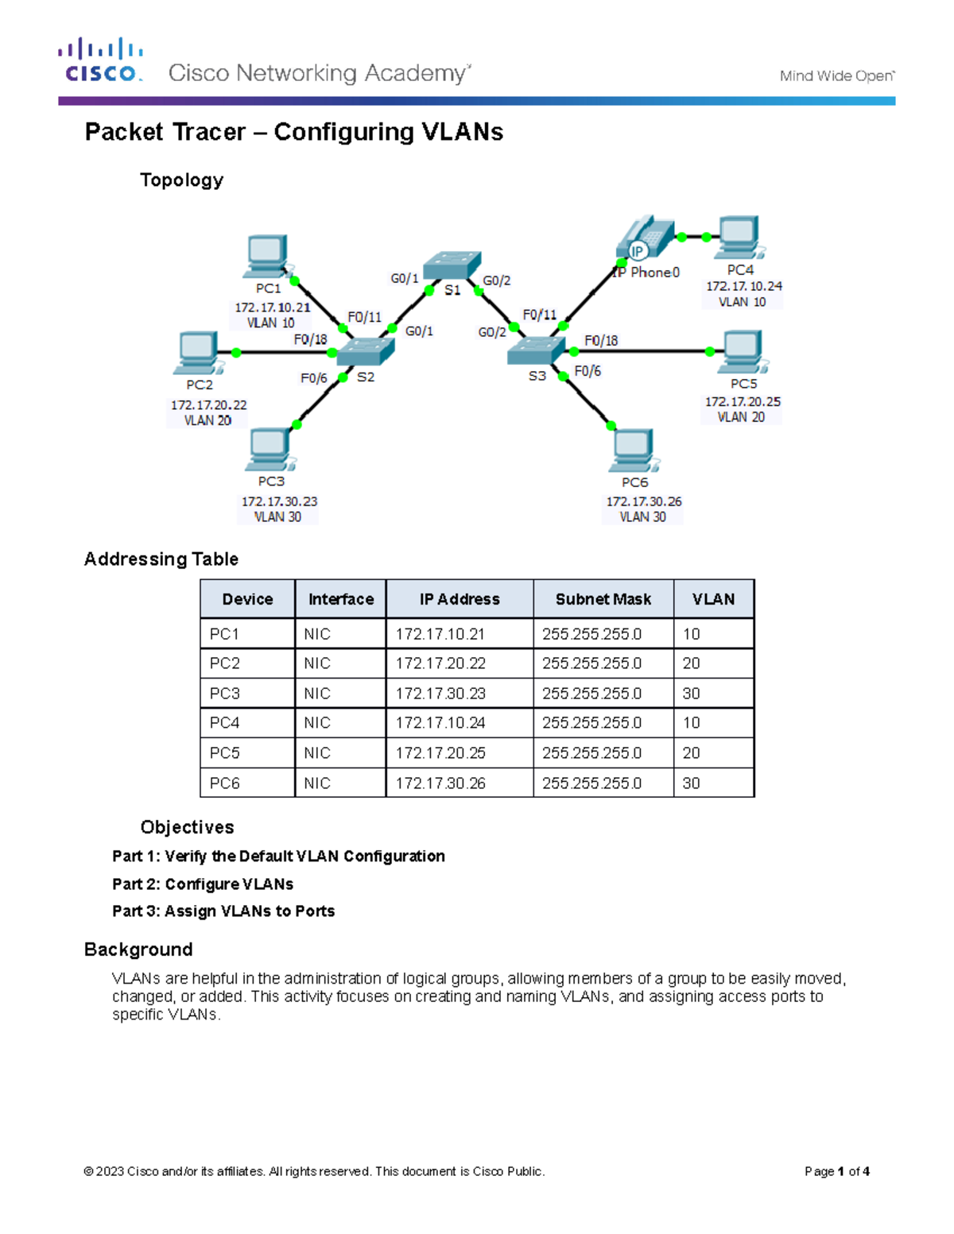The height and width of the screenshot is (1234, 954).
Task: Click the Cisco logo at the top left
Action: (101, 60)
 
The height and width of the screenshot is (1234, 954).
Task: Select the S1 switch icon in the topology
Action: (452, 265)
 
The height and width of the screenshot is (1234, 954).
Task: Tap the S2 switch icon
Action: (365, 351)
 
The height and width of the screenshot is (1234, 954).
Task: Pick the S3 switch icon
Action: (536, 350)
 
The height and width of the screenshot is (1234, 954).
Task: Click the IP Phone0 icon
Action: (645, 238)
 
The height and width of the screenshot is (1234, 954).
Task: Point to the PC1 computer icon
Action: (268, 256)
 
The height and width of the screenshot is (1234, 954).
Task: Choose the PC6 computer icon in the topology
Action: (634, 450)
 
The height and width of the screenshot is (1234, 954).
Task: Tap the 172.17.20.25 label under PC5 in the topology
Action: (743, 402)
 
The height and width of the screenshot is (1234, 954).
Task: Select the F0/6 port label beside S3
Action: (588, 371)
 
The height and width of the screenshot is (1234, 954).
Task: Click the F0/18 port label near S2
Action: (310, 339)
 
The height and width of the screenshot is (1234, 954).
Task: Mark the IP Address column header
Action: (460, 599)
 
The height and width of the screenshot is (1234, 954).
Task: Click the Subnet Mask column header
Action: (603, 599)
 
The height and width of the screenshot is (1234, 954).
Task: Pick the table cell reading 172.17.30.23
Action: (440, 694)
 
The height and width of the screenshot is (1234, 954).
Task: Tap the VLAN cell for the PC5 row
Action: (692, 753)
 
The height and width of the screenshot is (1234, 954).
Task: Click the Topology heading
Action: (181, 180)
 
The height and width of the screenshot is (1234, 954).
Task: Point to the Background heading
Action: (138, 950)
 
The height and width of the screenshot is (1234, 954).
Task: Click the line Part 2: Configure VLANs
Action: (203, 884)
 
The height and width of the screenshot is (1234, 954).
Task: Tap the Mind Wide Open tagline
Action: (836, 76)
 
